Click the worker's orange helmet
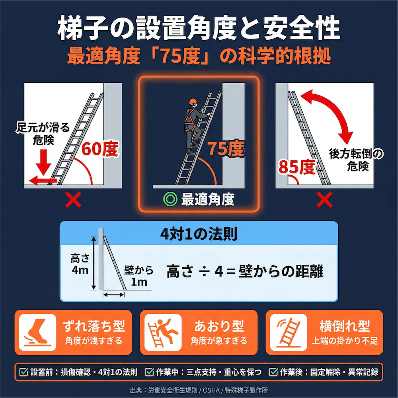point(194,101)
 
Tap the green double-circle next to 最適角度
point(170,199)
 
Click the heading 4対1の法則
point(198,234)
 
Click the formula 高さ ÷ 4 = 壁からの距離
point(245,272)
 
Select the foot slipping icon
point(37,332)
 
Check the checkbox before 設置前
point(24,372)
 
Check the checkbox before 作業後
point(273,372)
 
